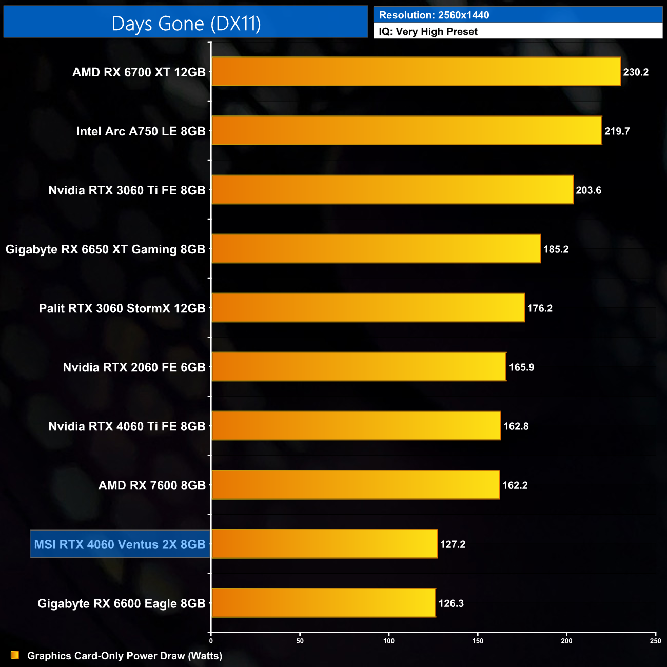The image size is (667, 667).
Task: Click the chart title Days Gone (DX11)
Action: pos(186,24)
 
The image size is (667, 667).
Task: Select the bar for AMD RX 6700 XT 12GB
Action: pos(416,72)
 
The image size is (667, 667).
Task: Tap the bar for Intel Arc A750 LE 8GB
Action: pos(406,131)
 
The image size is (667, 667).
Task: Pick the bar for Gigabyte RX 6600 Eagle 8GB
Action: pos(323,603)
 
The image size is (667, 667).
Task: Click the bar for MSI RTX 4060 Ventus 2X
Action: pos(324,544)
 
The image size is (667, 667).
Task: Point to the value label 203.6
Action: pos(588,190)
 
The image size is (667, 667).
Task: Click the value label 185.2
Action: pos(556,249)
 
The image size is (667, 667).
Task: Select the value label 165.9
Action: pos(521,367)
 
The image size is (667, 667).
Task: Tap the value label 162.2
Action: pos(515,485)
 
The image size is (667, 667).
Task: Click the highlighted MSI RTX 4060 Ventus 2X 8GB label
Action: pos(120,544)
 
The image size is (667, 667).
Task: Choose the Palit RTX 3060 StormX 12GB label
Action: pos(122,308)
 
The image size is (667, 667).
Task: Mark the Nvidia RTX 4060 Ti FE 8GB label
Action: pos(127,426)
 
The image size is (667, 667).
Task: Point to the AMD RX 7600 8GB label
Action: pos(152,485)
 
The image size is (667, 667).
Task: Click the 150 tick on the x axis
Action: pos(478,641)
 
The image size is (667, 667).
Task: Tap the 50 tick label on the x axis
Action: pos(300,641)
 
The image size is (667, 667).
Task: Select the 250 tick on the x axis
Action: pos(655,641)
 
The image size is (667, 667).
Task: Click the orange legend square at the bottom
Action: pos(15,655)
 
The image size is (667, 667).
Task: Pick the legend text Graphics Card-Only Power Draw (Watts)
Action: pos(125,656)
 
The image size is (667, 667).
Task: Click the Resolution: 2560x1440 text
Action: pos(434,15)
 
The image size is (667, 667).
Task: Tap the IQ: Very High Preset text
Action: pos(428,32)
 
